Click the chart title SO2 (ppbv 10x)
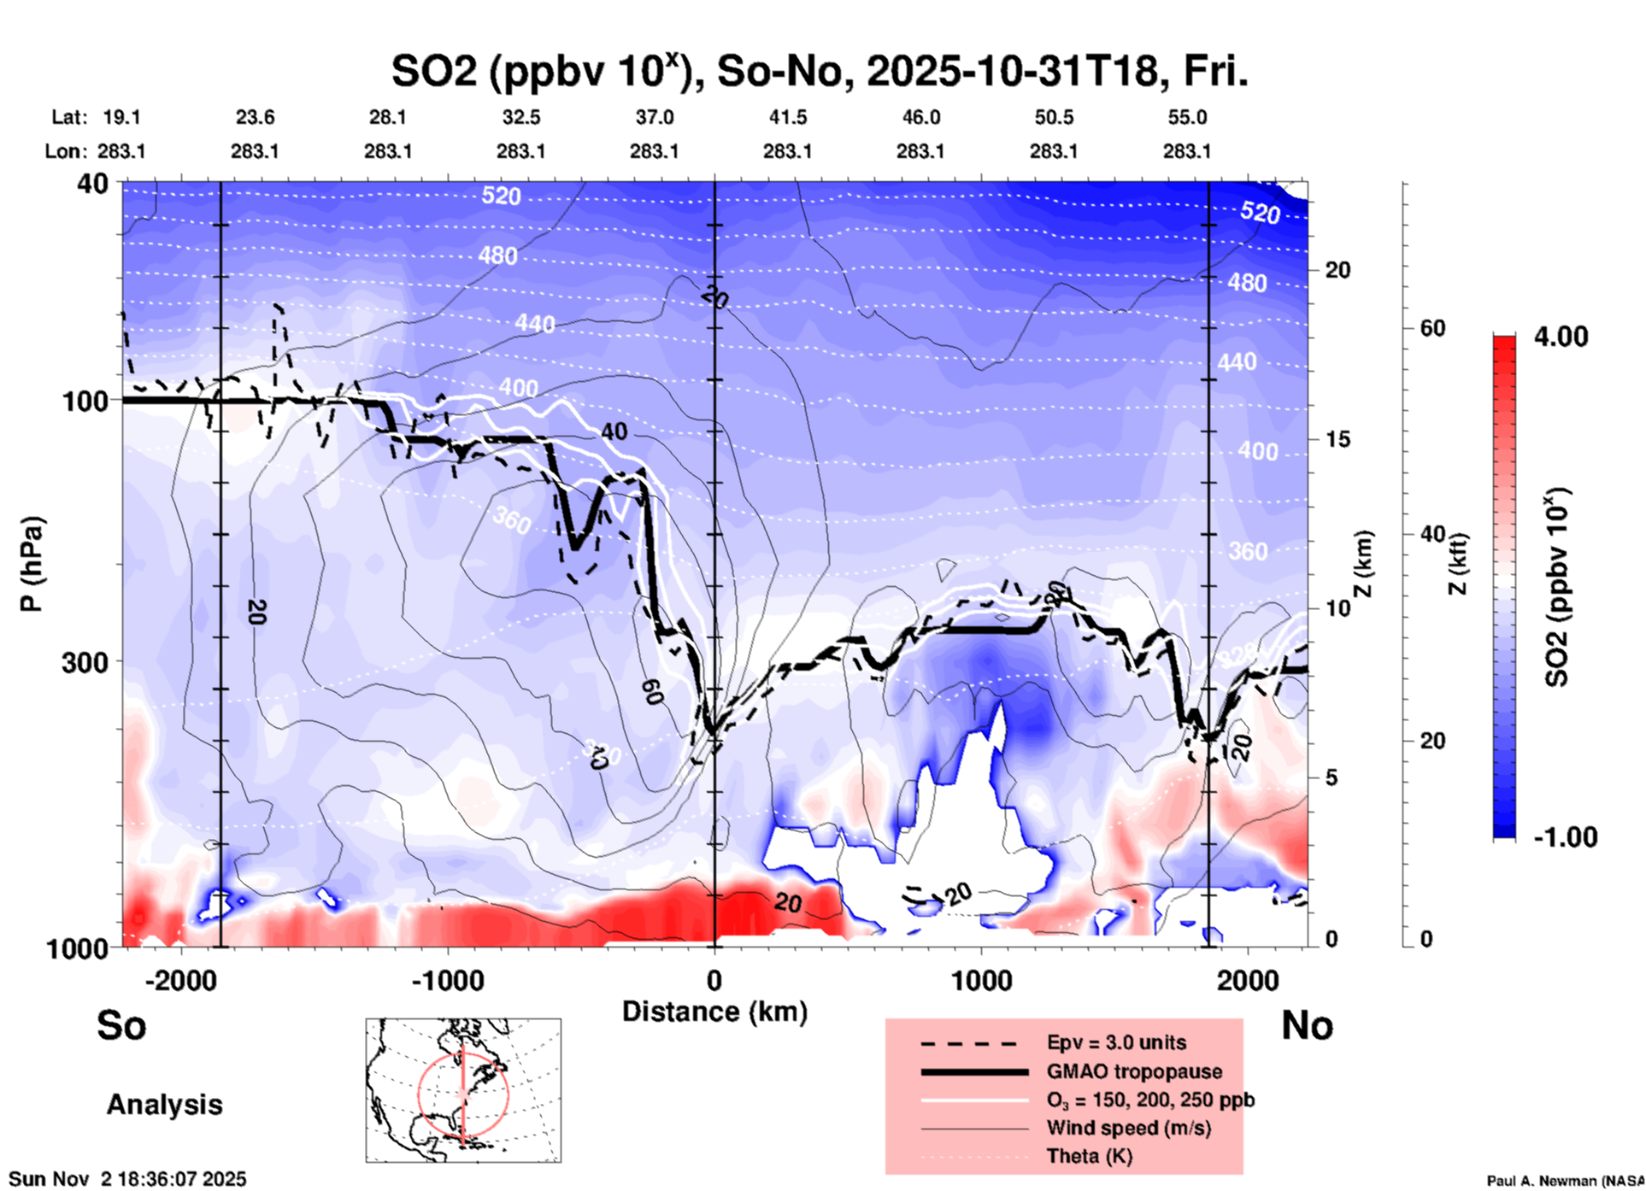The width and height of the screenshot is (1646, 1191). tap(819, 71)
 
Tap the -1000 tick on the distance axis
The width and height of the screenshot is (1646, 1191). tap(447, 981)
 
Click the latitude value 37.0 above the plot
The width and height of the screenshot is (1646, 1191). tap(654, 117)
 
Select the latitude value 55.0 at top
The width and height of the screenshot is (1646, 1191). tap(1187, 117)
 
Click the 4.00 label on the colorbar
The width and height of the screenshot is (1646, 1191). tap(1561, 337)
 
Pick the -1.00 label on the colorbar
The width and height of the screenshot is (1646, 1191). tap(1565, 837)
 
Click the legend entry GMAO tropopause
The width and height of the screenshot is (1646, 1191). tap(1134, 1071)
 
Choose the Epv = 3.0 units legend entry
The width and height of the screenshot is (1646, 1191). tap(1116, 1042)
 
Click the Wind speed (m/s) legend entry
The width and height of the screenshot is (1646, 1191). tap(1128, 1128)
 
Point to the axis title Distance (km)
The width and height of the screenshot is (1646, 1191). tap(714, 1012)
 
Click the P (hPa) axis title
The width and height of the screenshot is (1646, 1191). tap(32, 564)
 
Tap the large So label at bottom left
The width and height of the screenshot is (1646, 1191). tap(121, 1025)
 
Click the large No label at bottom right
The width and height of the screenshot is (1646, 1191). tap(1307, 1025)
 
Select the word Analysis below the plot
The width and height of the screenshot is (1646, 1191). tap(164, 1105)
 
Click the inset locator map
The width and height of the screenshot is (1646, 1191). tap(463, 1090)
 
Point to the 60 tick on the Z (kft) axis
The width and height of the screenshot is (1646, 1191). tap(1432, 328)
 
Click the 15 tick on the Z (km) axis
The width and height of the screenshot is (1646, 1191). tap(1337, 439)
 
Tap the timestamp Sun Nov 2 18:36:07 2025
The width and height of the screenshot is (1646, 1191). tap(128, 1179)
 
